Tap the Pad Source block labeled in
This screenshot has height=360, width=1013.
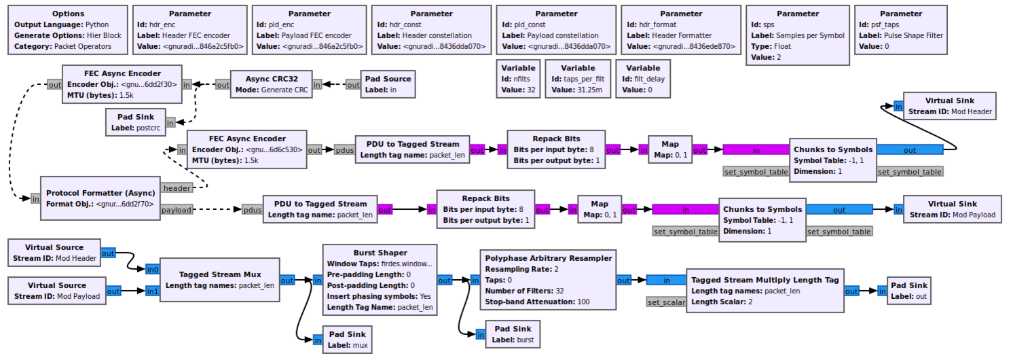(388, 84)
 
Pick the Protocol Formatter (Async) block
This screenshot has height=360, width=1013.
(100, 198)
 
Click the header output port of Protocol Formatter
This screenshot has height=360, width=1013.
(177, 187)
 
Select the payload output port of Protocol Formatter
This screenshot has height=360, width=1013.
(177, 210)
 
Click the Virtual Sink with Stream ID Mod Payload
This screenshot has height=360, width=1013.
(952, 209)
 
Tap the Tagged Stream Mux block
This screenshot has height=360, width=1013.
(219, 280)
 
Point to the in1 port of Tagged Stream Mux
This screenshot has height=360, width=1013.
(152, 291)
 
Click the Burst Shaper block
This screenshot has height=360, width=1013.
(380, 280)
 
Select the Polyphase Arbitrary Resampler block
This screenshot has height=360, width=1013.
(547, 280)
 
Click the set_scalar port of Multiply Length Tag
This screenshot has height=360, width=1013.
(666, 302)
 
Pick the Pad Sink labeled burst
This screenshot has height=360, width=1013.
(521, 334)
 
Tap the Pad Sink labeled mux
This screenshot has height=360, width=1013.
(348, 340)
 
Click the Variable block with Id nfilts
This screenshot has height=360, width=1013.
(518, 79)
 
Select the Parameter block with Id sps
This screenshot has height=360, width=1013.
(798, 35)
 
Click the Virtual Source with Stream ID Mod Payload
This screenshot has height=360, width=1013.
(56, 291)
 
